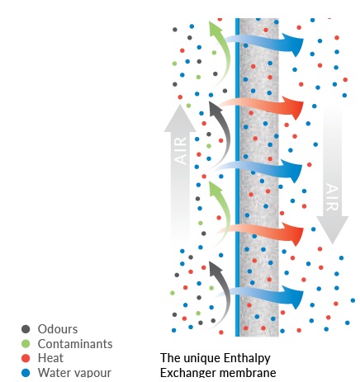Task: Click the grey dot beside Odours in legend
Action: coord(26,329)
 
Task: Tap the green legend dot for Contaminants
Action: coord(26,343)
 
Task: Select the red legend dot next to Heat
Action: coord(26,358)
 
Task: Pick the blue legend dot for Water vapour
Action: coord(26,373)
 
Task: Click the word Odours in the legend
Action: coord(58,329)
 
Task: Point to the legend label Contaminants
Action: coord(75,344)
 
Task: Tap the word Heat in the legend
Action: coord(50,358)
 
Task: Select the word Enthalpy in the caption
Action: coord(247,359)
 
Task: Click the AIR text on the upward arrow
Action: coord(181,151)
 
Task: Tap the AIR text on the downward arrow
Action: coord(332,197)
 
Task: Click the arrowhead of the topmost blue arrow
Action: coord(294,45)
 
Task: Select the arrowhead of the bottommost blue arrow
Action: coord(294,297)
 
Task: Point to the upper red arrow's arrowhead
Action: coord(294,108)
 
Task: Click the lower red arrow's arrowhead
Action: coord(294,234)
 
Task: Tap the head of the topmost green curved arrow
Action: coord(215,29)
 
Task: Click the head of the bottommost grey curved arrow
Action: coord(215,268)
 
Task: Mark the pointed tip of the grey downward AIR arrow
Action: coord(333,243)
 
